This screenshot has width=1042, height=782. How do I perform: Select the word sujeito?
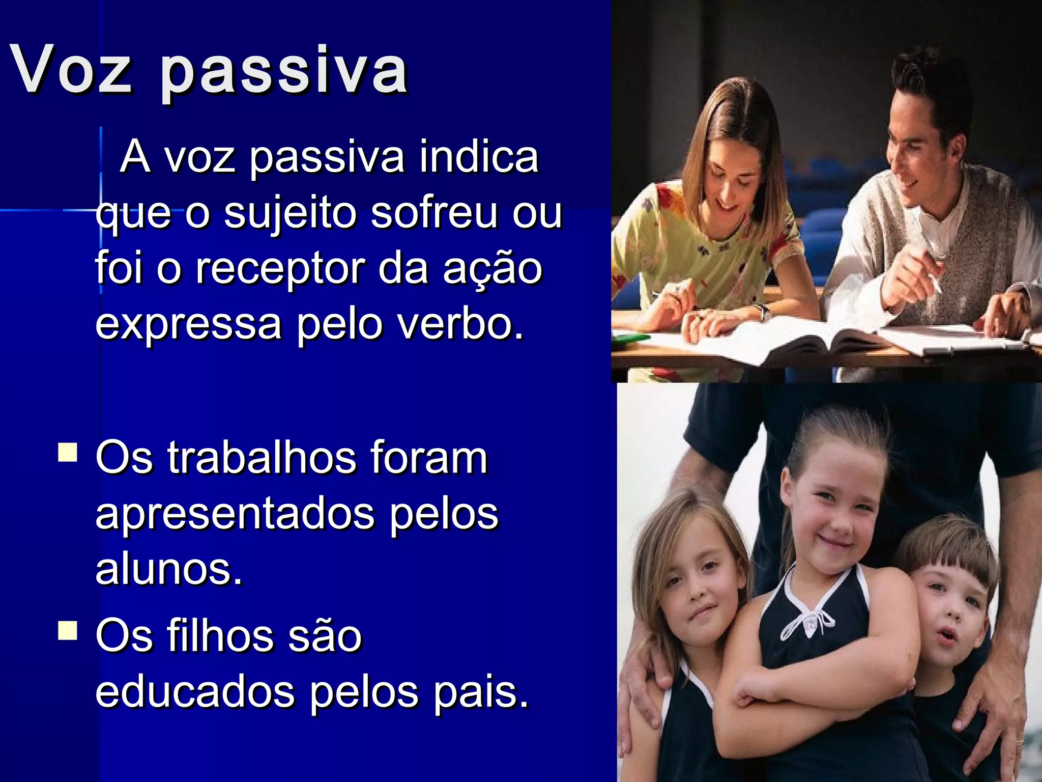point(291,214)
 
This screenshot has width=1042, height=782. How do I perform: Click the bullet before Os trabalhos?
point(68,452)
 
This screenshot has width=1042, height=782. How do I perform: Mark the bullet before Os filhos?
point(68,630)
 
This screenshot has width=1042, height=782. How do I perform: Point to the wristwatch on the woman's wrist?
point(762,312)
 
